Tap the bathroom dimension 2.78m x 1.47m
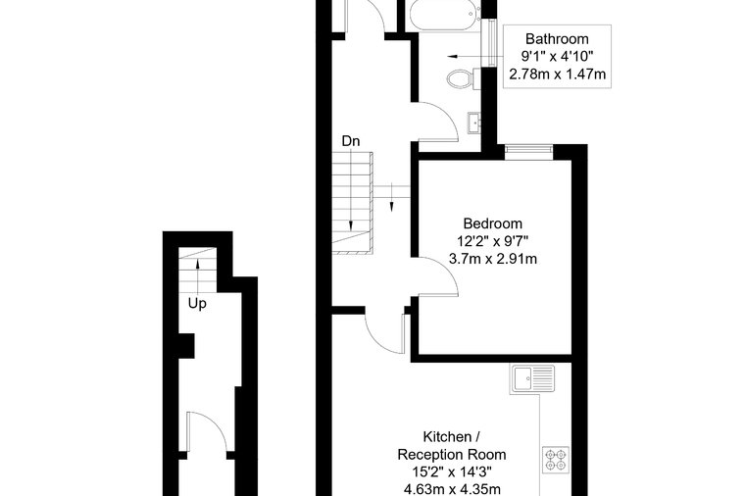point(558,74)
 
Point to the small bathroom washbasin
point(474,123)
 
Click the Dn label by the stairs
point(351,141)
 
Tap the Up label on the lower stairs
point(197,304)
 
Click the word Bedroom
point(493,223)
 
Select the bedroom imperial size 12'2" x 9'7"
point(493,241)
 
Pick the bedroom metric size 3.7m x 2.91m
point(493,259)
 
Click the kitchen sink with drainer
point(532,378)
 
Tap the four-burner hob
point(556,460)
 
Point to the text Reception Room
point(452,455)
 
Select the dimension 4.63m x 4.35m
point(452,489)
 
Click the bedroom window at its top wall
point(528,151)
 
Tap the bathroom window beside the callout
point(489,43)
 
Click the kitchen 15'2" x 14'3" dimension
point(452,471)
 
